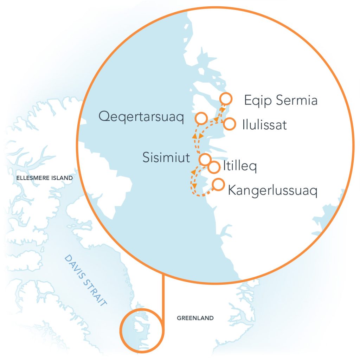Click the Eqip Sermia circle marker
(225, 99)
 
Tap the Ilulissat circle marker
(229, 124)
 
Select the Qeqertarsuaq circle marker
(201, 118)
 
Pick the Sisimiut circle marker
(205, 159)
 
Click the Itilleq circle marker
(214, 167)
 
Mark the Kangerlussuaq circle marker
(218, 184)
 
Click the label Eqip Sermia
(281, 101)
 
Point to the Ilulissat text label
(264, 125)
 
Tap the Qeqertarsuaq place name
(141, 117)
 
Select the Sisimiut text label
(166, 157)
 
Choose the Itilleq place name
(240, 167)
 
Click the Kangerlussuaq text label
(272, 191)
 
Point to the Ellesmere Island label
(45, 178)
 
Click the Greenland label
(195, 318)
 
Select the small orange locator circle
(141, 330)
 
